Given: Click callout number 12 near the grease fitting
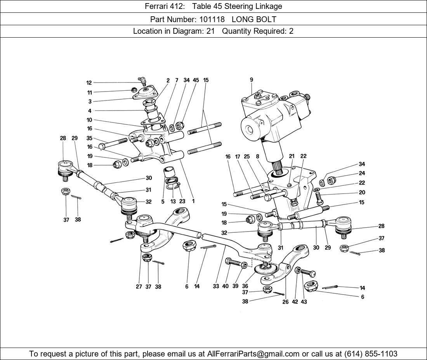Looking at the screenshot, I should (89, 83).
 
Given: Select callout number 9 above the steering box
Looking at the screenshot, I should (252, 80).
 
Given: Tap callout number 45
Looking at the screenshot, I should (196, 80).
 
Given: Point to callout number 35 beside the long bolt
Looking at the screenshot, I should (89, 138).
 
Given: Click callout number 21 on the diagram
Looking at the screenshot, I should (292, 156).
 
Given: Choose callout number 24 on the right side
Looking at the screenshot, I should (362, 173).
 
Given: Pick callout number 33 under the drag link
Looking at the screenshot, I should (216, 287).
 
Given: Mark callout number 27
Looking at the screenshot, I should (139, 287).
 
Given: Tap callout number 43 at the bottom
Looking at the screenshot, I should (304, 301).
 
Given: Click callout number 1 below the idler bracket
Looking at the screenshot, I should (193, 201).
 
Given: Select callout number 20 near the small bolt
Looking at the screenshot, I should (362, 192).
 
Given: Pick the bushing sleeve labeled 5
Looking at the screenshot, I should (169, 171).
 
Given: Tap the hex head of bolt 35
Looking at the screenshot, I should (102, 146).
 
